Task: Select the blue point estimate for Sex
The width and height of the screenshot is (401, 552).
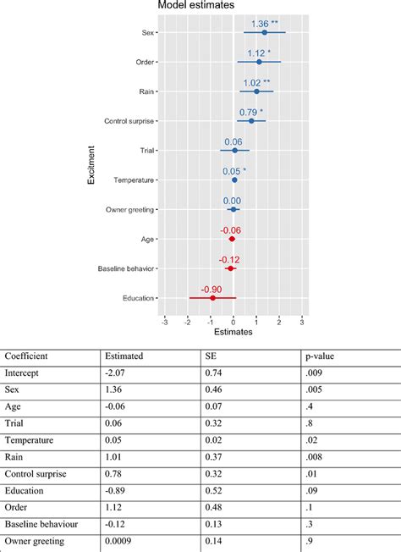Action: [x=264, y=32]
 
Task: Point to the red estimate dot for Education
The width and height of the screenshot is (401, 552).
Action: [x=212, y=298]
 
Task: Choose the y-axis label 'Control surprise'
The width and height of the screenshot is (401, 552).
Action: [x=129, y=121]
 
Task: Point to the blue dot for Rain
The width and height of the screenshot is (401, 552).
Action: [x=257, y=91]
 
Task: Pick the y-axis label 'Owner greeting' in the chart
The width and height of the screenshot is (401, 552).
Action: [x=130, y=209]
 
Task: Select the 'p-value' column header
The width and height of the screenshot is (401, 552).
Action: [x=319, y=356]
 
